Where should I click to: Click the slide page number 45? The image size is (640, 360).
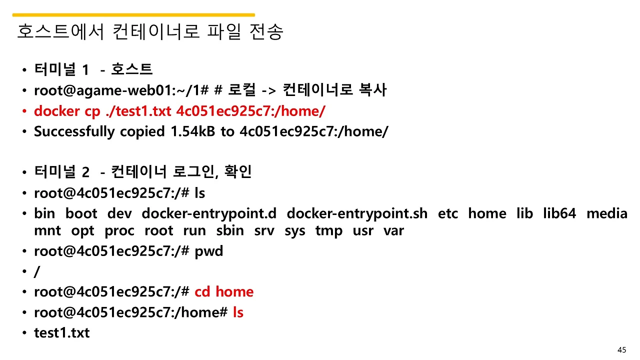click(x=622, y=349)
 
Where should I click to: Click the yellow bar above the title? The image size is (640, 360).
click(x=133, y=15)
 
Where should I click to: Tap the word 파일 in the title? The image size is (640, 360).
click(x=224, y=32)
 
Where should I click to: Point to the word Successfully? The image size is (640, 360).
click(x=74, y=131)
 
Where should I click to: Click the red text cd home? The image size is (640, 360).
click(x=224, y=292)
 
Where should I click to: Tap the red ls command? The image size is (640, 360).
click(x=238, y=312)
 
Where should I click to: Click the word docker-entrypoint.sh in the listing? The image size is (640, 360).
click(x=357, y=213)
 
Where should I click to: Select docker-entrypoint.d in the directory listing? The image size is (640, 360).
click(x=209, y=213)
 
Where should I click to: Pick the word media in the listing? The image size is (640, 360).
click(x=606, y=213)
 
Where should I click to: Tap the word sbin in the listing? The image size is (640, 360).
click(x=230, y=231)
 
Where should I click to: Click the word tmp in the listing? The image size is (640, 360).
click(x=329, y=231)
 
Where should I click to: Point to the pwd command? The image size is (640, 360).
click(x=208, y=251)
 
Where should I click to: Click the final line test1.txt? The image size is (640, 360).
click(x=61, y=332)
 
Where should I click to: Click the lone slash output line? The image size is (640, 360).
click(x=37, y=271)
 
